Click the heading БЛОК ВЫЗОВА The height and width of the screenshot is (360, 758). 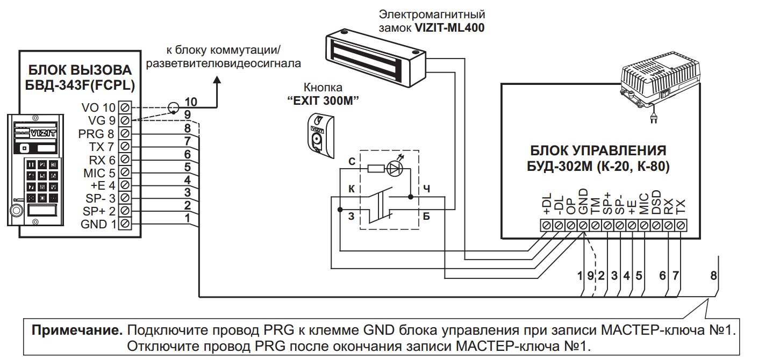tap(80, 70)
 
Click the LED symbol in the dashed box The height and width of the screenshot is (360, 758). tap(395, 168)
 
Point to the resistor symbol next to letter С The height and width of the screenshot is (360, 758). tap(374, 168)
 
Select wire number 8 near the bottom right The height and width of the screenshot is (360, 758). tap(713, 276)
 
